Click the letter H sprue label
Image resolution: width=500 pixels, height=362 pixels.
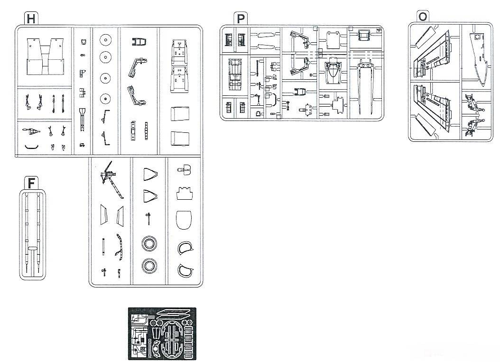pos(31,19)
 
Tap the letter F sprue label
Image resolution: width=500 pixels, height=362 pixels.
pos(31,183)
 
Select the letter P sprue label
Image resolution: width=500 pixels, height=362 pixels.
pos(241,19)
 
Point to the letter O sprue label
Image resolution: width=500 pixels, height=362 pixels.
pos(423,16)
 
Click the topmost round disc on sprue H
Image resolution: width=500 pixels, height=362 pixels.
pos(105,40)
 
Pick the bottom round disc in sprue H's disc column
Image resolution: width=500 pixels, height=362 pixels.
pos(105,99)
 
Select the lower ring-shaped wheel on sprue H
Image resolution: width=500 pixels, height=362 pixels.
pos(149,266)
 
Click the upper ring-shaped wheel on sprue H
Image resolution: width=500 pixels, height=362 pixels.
pos(149,244)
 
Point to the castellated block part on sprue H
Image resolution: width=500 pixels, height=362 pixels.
pos(185,193)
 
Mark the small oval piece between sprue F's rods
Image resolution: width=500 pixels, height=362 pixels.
pos(32,248)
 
